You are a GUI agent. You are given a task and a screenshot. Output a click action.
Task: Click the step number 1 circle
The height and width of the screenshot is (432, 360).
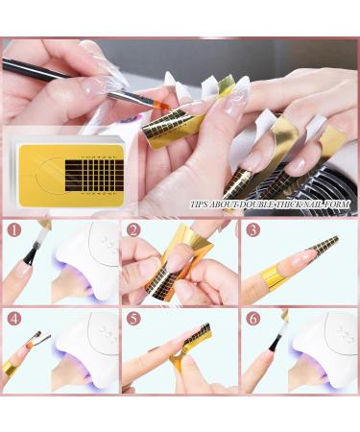coord(12,231)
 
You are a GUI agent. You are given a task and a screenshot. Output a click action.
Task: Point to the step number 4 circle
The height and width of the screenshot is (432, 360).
coord(12,318)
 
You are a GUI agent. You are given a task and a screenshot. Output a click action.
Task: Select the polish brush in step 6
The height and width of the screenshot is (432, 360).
coord(278,336)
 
